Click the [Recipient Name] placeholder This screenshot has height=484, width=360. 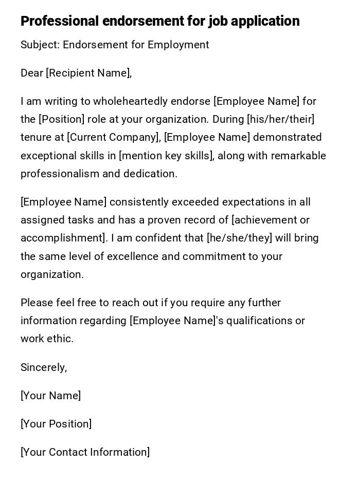click(x=88, y=73)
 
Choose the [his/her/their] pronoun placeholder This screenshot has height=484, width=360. click(x=280, y=119)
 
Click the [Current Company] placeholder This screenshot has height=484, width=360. click(x=114, y=137)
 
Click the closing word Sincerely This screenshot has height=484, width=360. click(x=44, y=367)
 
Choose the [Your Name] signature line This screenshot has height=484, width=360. click(x=50, y=396)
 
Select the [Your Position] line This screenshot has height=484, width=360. click(x=56, y=424)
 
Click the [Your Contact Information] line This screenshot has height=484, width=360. click(x=85, y=452)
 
